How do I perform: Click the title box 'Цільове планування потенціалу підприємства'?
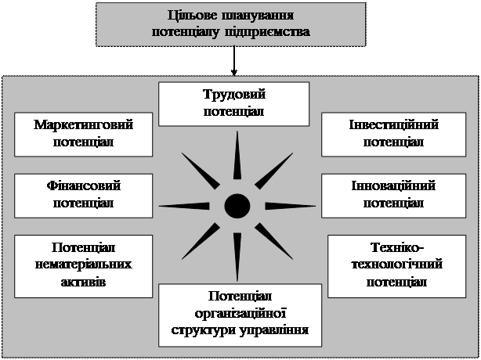click(230, 23)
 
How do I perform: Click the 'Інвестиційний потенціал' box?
click(393, 133)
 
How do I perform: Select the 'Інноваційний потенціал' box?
click(393, 193)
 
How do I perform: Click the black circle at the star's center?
click(237, 206)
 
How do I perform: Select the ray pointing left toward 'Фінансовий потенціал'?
click(184, 206)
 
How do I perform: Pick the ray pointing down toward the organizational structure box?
click(237, 254)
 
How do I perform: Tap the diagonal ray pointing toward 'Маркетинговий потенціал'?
click(201, 171)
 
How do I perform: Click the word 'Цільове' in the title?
click(190, 16)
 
